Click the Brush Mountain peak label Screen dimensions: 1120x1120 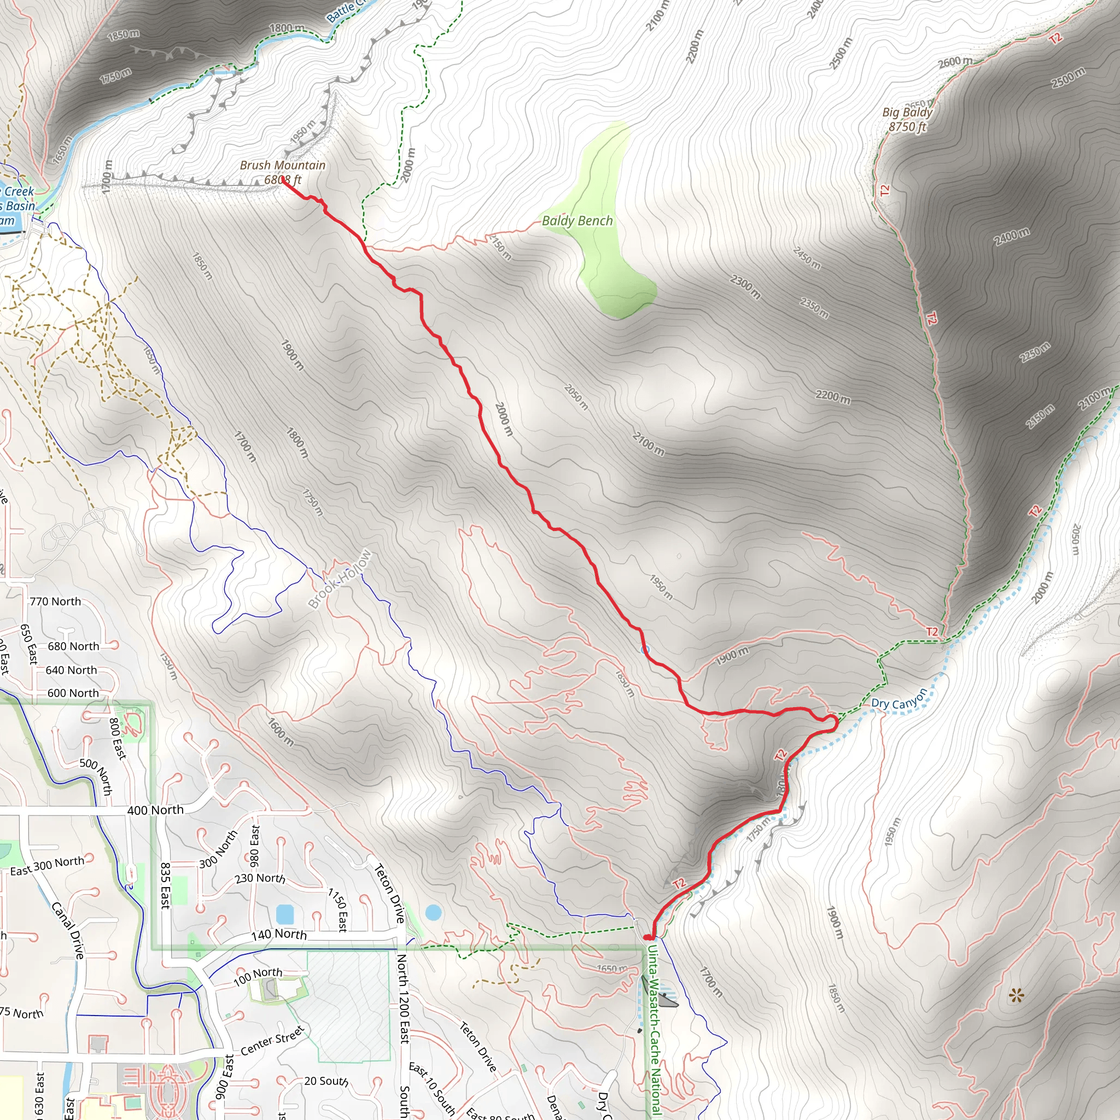(x=282, y=172)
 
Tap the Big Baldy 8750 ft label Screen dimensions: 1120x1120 (x=907, y=119)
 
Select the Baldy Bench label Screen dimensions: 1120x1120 (x=577, y=221)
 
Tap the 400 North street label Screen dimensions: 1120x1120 (x=155, y=810)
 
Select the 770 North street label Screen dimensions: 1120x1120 (x=55, y=602)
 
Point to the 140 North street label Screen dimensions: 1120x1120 (x=279, y=934)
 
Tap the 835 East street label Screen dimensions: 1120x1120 (x=165, y=885)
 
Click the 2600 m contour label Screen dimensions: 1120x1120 (x=955, y=61)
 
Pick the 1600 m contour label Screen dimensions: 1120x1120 (x=281, y=732)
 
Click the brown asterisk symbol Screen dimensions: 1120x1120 (x=1016, y=996)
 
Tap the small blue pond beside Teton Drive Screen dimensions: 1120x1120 (x=433, y=913)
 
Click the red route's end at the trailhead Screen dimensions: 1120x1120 (x=649, y=937)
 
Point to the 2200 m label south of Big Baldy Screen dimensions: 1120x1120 (x=833, y=396)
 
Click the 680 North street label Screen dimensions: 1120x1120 (x=73, y=646)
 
